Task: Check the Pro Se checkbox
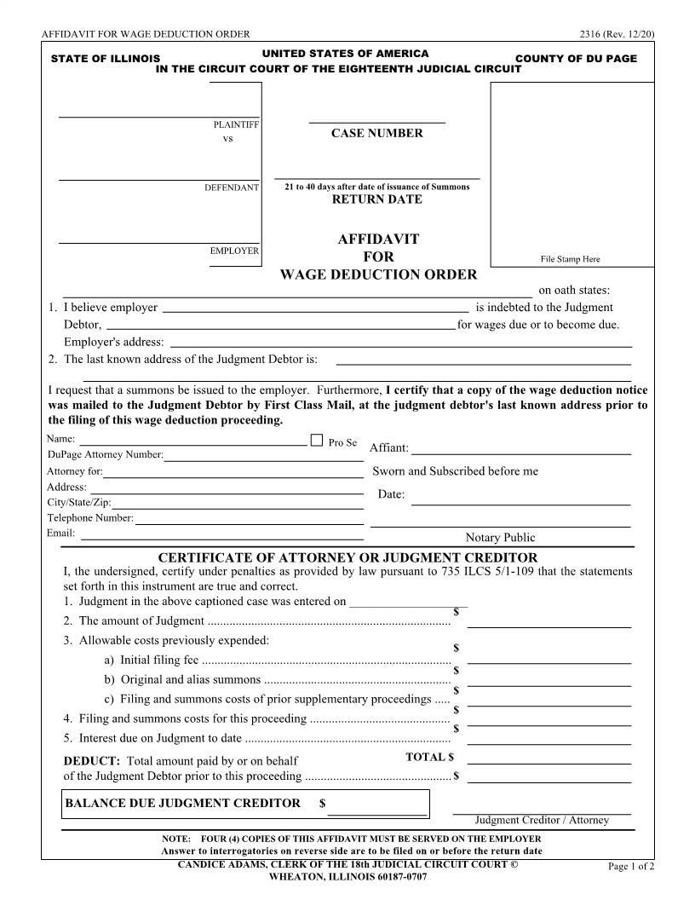click(317, 441)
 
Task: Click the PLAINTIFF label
click(236, 124)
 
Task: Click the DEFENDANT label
click(231, 187)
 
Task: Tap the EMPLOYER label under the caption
click(234, 251)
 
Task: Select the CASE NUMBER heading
click(376, 133)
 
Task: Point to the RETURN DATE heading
click(376, 199)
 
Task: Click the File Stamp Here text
click(570, 259)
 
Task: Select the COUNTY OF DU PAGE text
click(576, 59)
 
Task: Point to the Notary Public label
click(500, 537)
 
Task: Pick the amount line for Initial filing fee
click(549, 662)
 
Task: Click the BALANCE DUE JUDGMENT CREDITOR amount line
click(377, 814)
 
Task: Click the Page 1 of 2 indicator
click(630, 867)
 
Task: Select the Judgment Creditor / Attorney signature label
click(542, 820)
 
